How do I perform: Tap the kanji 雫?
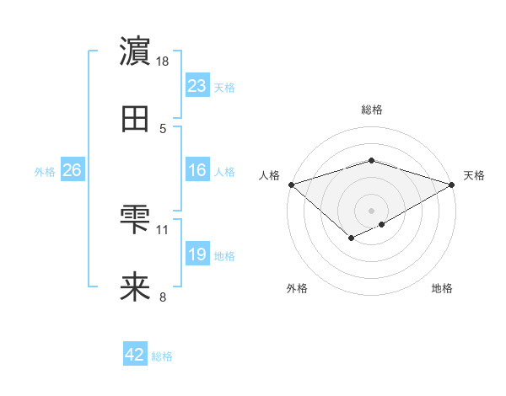point(136,220)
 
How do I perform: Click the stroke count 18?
point(163,62)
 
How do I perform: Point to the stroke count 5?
point(163,129)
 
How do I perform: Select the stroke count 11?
point(163,229)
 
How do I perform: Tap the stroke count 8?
point(163,297)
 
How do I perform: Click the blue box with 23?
point(197,86)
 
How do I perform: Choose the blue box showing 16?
point(197,170)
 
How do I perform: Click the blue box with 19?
point(197,254)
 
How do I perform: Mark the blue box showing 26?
point(73,170)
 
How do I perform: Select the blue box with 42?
point(135,355)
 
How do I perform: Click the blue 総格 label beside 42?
point(162,356)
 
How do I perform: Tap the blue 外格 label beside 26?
point(45,171)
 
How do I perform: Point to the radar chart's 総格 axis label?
point(372,110)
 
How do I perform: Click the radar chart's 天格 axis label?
point(475,175)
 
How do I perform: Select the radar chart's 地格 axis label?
point(442,288)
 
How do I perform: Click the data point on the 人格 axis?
point(291,185)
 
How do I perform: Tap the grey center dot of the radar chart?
point(372,210)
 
